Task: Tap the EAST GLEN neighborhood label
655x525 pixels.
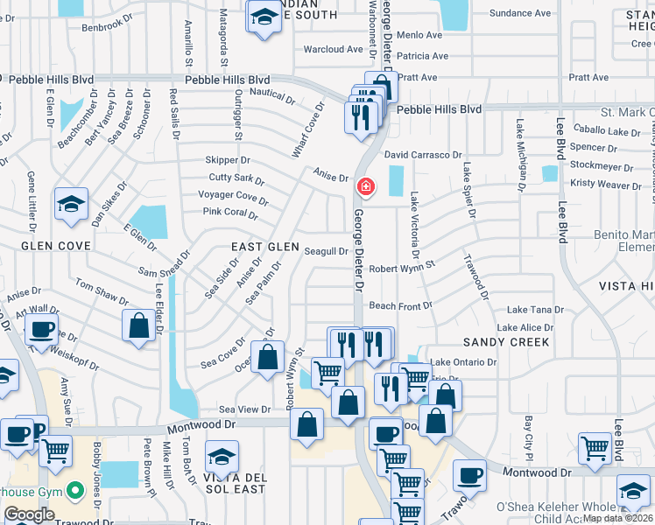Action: pos(265,248)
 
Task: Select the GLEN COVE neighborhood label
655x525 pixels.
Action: pos(55,246)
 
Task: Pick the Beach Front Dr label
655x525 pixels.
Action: pos(400,306)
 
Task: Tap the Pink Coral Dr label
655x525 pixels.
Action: pos(230,213)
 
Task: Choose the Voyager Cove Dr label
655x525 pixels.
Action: pos(233,197)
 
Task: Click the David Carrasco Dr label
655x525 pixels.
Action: pos(423,155)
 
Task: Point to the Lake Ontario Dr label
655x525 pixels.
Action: pos(463,362)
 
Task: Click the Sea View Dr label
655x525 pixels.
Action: pos(244,409)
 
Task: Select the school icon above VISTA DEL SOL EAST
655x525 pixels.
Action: pos(222,458)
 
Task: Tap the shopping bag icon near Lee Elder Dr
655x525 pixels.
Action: pos(139,326)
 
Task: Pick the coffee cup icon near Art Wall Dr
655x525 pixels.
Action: pos(41,330)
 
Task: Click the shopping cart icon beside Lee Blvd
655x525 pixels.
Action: pos(595,448)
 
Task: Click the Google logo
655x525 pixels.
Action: pos(29,514)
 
